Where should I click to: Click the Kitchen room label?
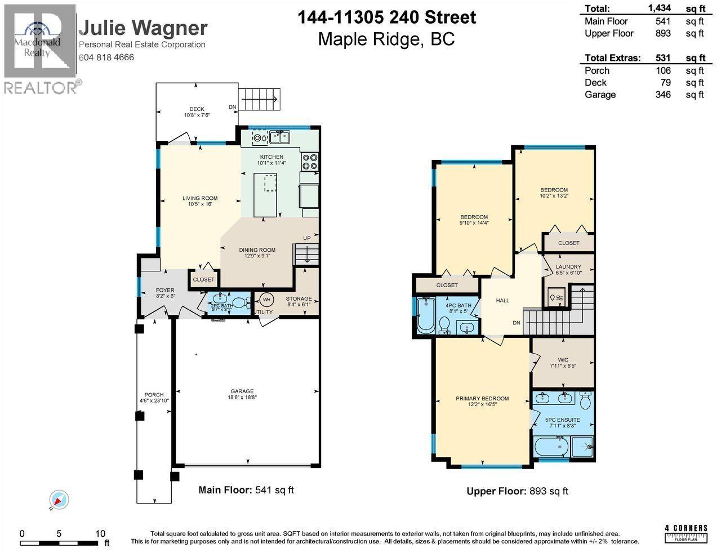pos(271,157)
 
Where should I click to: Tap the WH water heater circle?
pos(266,299)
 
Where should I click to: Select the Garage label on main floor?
pos(242,391)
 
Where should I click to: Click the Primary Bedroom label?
pos(482,399)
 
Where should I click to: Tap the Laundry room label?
pos(568,267)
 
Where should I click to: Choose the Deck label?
pos(197,109)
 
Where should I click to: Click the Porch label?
pos(154,395)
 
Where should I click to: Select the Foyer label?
pos(164,291)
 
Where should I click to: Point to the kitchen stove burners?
pos(309,162)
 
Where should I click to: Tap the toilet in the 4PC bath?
pos(443,325)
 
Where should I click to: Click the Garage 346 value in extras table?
pos(663,95)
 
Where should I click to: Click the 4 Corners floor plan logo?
pos(686,531)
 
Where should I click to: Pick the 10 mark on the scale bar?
pos(100,533)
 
